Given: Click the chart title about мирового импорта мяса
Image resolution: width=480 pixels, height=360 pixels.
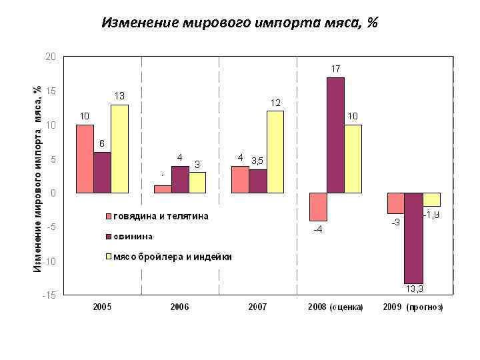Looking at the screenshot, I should click(x=239, y=23).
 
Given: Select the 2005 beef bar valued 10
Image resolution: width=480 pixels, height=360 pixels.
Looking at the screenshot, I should click(x=85, y=159).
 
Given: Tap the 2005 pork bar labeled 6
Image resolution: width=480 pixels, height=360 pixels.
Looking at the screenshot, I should click(x=102, y=172).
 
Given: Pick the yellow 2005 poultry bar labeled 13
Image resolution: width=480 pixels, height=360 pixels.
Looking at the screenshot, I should click(x=119, y=149).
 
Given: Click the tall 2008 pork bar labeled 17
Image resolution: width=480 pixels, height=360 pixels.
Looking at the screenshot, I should click(x=335, y=135).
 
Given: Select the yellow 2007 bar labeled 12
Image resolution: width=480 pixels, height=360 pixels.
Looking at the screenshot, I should click(x=275, y=151).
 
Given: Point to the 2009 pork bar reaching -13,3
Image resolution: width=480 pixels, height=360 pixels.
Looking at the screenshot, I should click(x=413, y=238).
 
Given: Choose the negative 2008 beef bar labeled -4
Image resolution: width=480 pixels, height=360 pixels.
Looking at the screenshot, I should click(x=318, y=207).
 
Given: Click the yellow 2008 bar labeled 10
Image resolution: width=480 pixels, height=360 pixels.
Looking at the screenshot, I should click(x=353, y=159).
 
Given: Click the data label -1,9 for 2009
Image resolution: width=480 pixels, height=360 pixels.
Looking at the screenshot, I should click(x=432, y=215).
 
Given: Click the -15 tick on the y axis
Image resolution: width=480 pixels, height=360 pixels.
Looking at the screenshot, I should click(x=49, y=295).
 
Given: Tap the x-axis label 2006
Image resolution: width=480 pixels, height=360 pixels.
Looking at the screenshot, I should click(x=179, y=307).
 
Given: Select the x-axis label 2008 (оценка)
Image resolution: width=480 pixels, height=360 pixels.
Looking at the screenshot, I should click(x=335, y=307).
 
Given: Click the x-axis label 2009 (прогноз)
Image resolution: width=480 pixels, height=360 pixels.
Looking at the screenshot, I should click(x=413, y=307).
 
